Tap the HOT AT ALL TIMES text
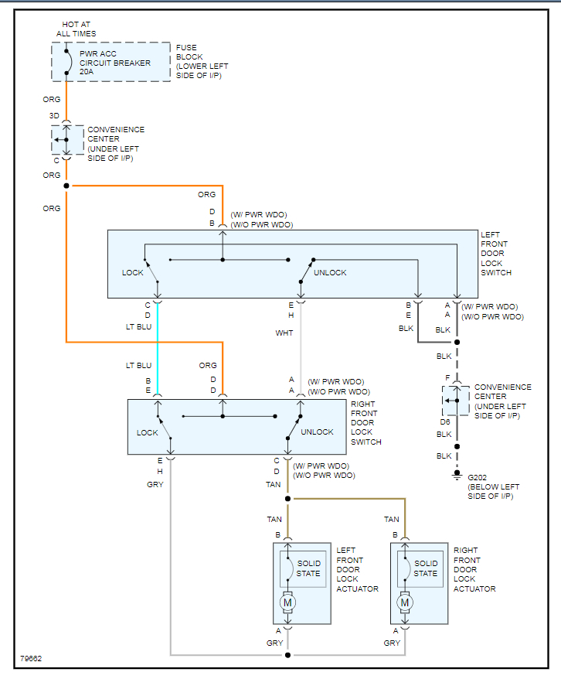76,29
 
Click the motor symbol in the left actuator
287,602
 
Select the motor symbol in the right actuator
405,602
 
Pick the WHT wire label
284,333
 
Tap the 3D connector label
54,116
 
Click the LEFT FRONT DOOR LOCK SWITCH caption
496,254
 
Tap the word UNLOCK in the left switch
330,272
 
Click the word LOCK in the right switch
147,432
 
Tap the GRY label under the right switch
155,485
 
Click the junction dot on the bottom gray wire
287,655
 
